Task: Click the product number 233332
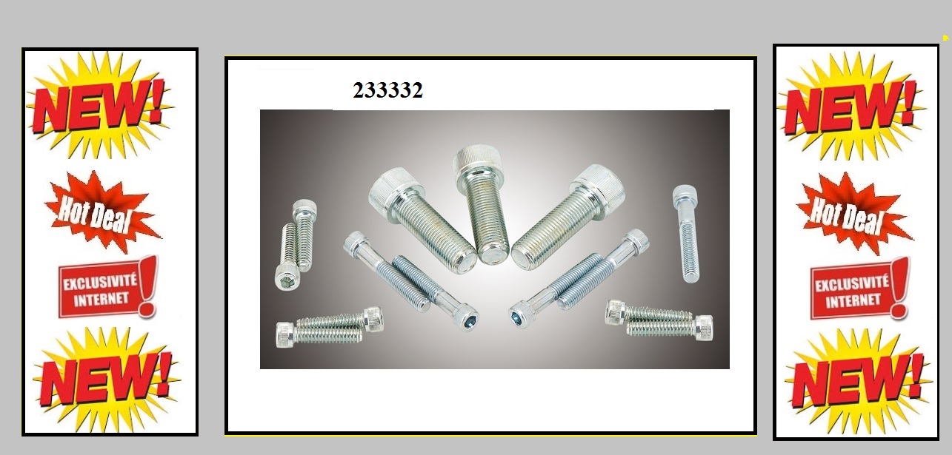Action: (387, 90)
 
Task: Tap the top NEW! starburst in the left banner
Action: (99, 105)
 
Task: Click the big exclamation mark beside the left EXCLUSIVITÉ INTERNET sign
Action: (148, 286)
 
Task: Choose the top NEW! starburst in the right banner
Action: (851, 106)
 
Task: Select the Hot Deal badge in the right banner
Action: (854, 214)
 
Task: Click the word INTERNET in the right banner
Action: (853, 301)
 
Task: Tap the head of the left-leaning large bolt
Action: (388, 192)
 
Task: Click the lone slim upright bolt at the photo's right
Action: (685, 234)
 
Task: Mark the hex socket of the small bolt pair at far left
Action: (287, 279)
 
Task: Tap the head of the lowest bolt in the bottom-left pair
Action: (286, 335)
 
